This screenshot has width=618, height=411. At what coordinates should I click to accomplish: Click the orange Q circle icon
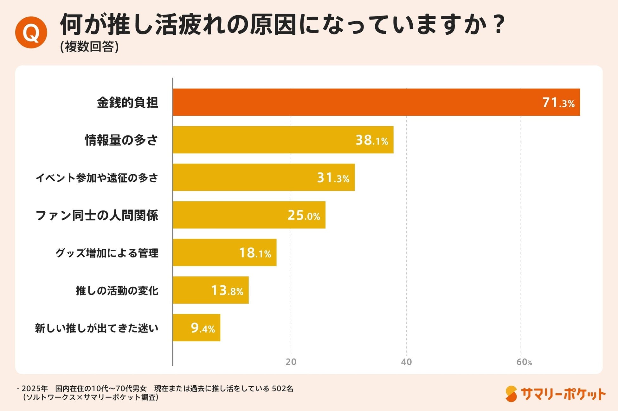pos(31,32)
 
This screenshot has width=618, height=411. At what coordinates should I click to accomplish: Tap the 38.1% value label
pos(372,140)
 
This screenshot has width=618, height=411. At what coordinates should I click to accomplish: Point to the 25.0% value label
pos(304,215)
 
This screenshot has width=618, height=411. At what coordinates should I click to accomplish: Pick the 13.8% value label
pos(227,290)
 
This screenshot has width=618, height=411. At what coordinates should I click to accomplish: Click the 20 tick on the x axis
pos(291,362)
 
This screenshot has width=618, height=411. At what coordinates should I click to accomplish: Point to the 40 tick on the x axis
pos(406,362)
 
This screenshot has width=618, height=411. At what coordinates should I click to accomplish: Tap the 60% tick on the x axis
pos(524,362)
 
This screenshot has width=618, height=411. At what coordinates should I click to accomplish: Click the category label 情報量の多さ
pos(121,140)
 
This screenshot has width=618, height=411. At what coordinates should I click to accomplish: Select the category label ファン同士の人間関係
pos(97,215)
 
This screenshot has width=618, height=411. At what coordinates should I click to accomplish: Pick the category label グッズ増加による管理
pos(107,253)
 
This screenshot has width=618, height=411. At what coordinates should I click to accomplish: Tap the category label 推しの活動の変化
pos(117,290)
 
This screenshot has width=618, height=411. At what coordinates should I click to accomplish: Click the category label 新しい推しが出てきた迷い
pos(97,328)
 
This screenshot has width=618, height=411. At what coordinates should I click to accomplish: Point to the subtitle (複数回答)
pos(89,47)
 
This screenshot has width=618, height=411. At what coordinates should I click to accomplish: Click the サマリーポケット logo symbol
pos(511,394)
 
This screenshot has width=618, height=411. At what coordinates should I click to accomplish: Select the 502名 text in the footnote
pos(282,388)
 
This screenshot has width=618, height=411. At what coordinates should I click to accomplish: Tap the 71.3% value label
pos(558,103)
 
